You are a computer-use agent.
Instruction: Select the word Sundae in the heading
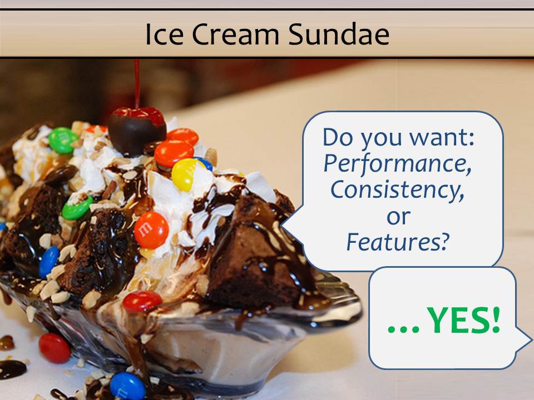point(339,34)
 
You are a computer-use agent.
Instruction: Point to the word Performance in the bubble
point(397,164)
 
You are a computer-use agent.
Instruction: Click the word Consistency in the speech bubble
point(397,190)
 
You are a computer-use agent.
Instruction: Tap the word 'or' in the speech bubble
point(398,217)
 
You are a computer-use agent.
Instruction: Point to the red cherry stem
point(137,84)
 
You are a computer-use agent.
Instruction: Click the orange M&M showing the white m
point(151,230)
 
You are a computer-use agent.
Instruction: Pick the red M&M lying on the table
point(55,348)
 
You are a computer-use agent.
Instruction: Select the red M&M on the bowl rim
point(142,301)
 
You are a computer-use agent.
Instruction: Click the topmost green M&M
point(63,140)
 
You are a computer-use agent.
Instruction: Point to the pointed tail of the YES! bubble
point(531,340)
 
